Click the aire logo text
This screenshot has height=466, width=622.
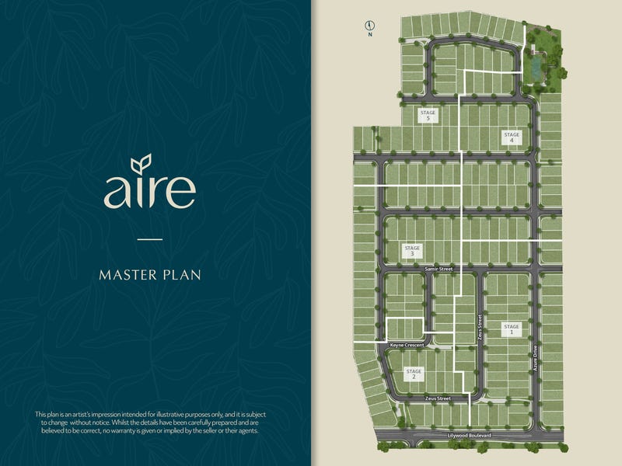pos(149,190)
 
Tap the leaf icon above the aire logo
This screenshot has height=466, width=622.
pos(141,164)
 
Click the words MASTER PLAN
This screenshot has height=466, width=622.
pos(150,274)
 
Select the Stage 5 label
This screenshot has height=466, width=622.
pos(428,115)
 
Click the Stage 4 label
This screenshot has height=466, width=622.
pos(511,137)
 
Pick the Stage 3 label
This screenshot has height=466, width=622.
pos(412,251)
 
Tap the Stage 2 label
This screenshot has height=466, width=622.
pos(414,374)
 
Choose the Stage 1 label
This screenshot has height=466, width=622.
pos(511,329)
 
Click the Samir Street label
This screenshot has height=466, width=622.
pos(438,268)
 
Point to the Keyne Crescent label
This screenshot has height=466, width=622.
pos(408,344)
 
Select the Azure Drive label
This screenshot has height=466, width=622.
pos(535,357)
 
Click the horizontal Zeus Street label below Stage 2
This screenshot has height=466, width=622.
pos(438,398)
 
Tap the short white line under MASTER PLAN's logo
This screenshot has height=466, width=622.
pos(150,238)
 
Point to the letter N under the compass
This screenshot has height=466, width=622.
pos(371,34)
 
